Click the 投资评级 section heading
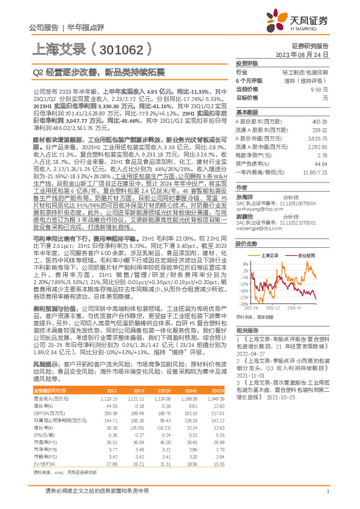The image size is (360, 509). [x=247, y=63]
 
